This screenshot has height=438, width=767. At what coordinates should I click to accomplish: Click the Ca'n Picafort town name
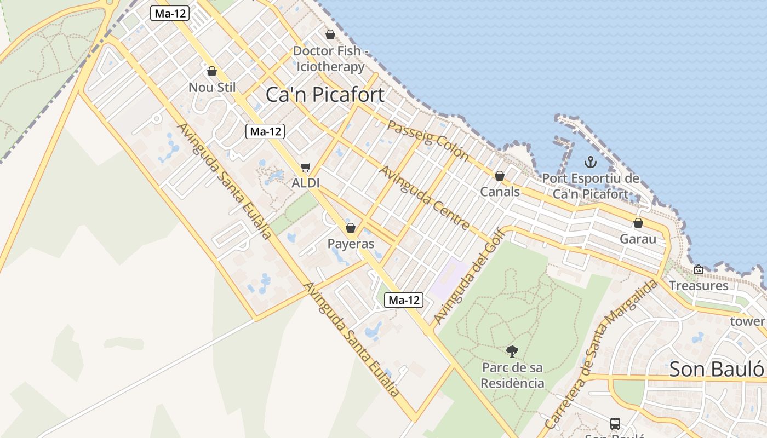[325, 94]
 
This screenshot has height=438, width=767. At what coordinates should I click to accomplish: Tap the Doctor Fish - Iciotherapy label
[330, 59]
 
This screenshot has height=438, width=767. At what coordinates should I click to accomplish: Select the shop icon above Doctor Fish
[330, 34]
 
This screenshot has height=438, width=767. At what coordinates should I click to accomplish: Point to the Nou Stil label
[212, 88]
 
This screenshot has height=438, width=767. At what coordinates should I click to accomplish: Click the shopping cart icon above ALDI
[305, 168]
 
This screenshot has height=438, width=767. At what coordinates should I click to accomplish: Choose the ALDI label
[305, 183]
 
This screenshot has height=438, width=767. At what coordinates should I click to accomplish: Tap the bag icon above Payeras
[351, 227]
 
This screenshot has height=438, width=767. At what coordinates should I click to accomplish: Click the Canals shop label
[500, 192]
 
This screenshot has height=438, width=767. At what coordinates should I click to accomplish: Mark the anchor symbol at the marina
[590, 162]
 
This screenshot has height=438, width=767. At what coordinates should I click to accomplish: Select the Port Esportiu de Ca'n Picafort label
[591, 186]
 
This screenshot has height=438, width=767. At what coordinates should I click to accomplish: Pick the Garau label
[638, 239]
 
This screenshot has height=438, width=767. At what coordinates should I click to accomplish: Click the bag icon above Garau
[638, 223]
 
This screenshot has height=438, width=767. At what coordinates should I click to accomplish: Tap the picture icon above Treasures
[699, 269]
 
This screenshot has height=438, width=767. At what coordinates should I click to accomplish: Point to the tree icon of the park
[512, 351]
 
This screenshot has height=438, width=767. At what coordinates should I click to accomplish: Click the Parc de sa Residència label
[512, 375]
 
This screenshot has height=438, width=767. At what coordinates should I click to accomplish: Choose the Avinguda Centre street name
[424, 198]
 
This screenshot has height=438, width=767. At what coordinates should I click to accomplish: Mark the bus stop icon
[615, 423]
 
